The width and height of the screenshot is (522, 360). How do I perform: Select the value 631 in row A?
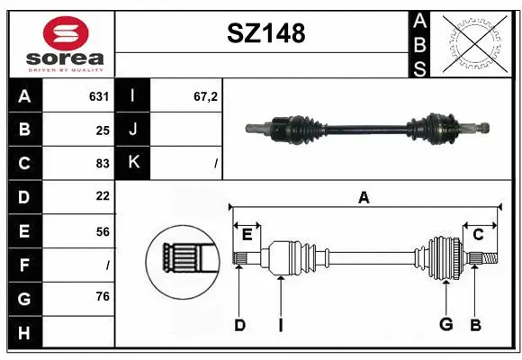tap(99, 95)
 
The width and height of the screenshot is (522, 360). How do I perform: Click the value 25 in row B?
tap(102, 130)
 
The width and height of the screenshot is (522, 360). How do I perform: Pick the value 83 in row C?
tap(102, 163)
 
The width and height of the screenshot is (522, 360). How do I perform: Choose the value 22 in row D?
tap(102, 196)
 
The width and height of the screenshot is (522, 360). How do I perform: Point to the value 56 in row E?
tap(102, 231)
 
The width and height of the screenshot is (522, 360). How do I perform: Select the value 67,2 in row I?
tap(206, 95)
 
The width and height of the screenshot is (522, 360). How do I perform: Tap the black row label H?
tap(24, 333)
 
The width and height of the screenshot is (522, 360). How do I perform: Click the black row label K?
tap(133, 163)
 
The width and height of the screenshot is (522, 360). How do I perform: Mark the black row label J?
tap(133, 130)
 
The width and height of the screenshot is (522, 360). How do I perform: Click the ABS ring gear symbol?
tap(476, 42)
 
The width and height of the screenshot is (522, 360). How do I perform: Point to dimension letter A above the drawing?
tap(364, 197)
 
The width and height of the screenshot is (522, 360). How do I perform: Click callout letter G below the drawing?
tap(445, 325)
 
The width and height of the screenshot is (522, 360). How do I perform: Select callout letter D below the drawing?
tap(239, 325)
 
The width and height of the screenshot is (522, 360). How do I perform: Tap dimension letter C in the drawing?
tap(479, 234)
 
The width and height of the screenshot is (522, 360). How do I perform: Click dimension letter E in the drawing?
tap(247, 234)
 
